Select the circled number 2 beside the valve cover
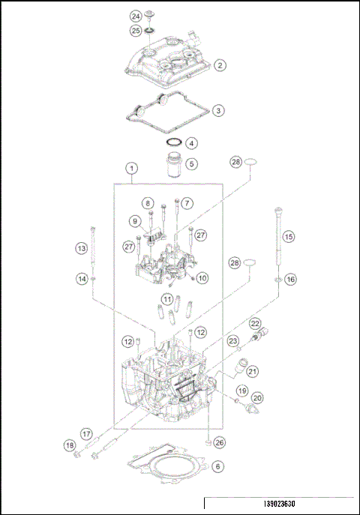point(220,65)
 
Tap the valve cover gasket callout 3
point(217,110)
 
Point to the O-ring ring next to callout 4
point(173,142)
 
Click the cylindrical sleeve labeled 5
point(173,163)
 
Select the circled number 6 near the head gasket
point(217,466)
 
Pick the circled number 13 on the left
point(80,248)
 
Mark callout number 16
point(289,278)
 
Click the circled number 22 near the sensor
point(255,324)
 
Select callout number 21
point(253,370)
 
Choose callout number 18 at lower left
point(70,447)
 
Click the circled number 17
point(86,433)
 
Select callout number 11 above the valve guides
point(169,299)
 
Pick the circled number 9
point(136,220)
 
